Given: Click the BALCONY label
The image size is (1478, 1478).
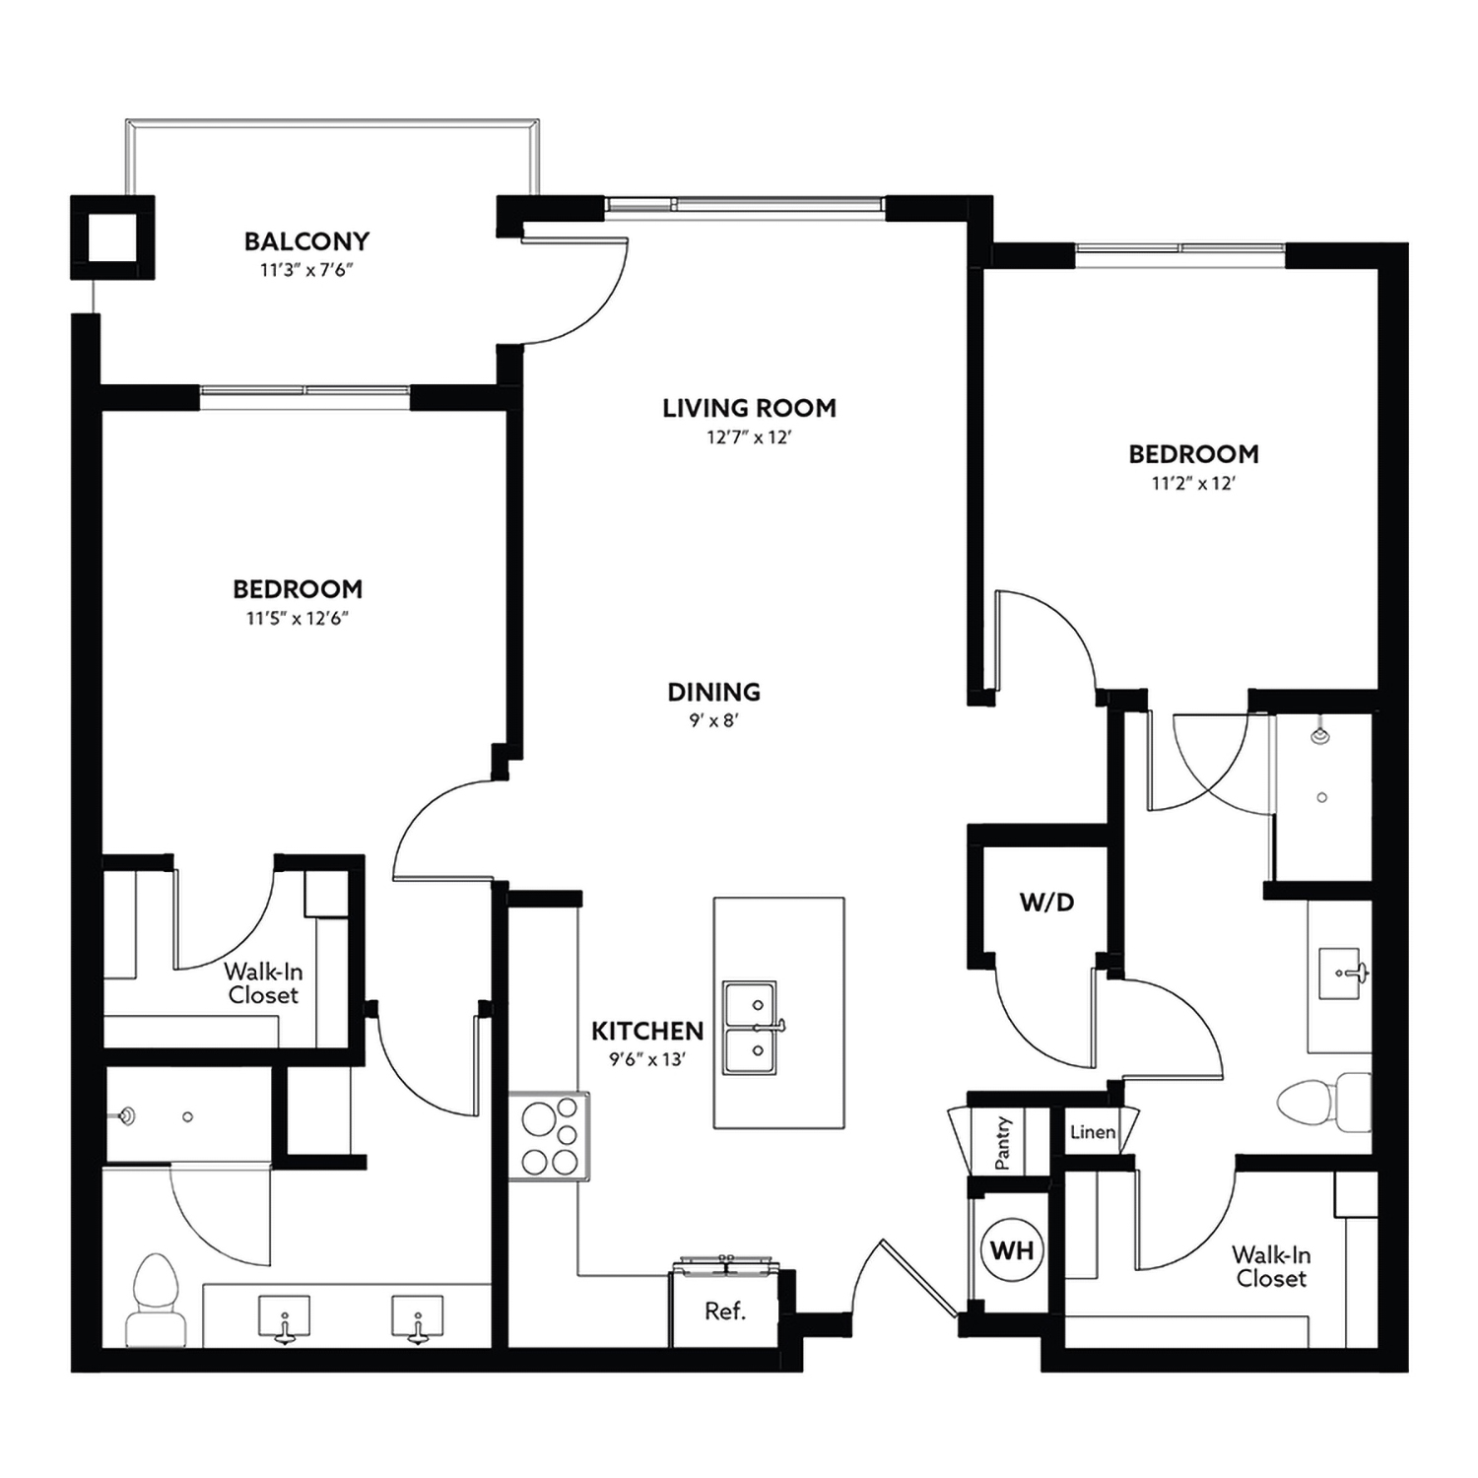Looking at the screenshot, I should pos(306,241).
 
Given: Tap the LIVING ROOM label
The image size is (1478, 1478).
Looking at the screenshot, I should pos(749,408).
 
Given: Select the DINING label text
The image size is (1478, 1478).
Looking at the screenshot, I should pos(713,692).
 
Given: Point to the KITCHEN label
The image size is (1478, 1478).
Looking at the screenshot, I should pos(647,1031).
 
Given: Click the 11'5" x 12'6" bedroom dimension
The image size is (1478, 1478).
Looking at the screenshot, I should pos(298,619).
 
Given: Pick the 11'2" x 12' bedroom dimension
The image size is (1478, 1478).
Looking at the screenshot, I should pos(1193,484).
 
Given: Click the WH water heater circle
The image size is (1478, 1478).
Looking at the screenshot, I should pos(1012,1250).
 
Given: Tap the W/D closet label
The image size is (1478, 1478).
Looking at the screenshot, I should pos(1046,902).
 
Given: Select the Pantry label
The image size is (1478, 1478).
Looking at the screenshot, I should pos(1003,1143).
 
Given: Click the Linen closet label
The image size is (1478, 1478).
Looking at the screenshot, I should pos(1093,1132).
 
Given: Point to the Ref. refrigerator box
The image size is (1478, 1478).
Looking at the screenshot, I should pos(725,1311).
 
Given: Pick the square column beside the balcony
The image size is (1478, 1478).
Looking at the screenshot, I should pos(112,237).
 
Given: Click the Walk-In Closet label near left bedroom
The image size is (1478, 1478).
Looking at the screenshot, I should pos(263,983).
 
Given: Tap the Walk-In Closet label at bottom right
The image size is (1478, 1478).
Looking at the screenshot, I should pos(1271,1266).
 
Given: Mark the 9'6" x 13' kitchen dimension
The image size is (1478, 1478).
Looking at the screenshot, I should pos(646,1060).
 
